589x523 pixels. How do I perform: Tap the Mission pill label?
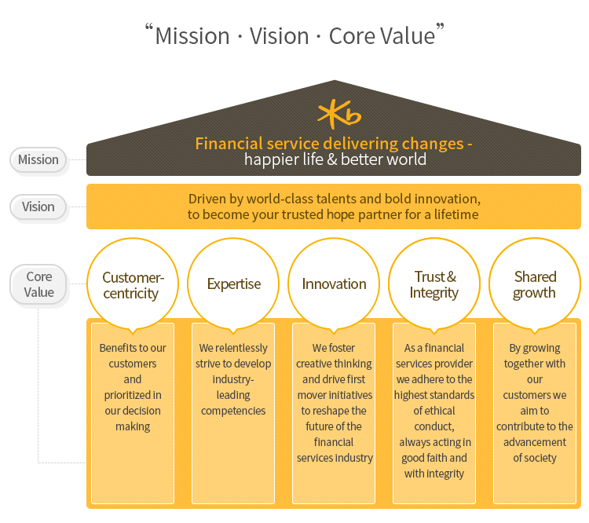[38, 159]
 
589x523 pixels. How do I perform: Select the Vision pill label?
[38, 207]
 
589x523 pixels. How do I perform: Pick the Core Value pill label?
[39, 284]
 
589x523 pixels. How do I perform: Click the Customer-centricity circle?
[134, 285]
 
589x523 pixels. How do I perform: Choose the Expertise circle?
[234, 284]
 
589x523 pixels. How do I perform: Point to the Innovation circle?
[335, 284]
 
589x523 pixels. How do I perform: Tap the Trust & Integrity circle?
[434, 284]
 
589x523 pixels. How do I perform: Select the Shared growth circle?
[535, 284]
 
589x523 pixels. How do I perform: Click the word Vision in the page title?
[280, 36]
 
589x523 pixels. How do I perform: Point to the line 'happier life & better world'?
[335, 160]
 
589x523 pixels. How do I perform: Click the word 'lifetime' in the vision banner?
[452, 214]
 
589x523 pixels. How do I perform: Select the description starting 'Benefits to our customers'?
[133, 387]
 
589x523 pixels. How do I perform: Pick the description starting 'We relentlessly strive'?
[233, 379]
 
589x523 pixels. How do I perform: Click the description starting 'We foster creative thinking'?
[335, 403]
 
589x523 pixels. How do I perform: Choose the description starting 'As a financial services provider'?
[434, 411]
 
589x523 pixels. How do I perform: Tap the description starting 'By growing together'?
[535, 403]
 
